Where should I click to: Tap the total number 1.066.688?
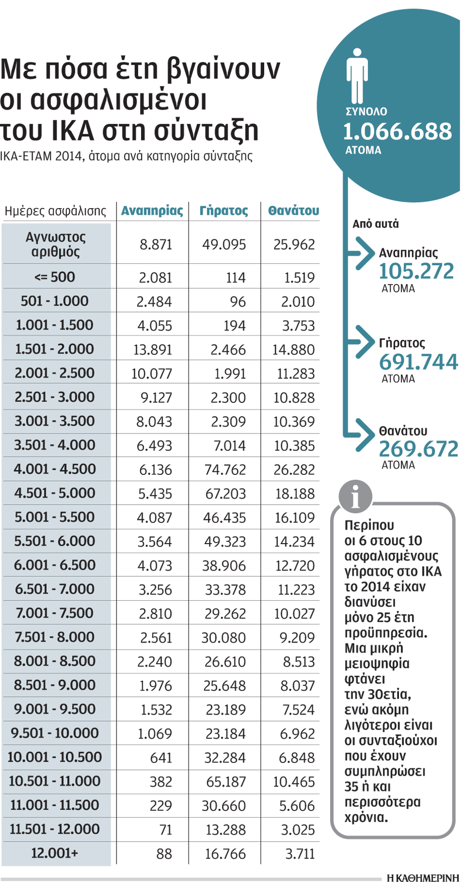(x=397, y=131)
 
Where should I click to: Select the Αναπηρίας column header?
(x=152, y=211)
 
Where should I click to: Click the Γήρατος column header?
(x=224, y=211)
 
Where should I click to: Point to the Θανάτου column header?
(x=294, y=211)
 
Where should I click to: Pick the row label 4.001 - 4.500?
(x=55, y=469)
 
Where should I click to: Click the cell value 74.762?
(x=225, y=470)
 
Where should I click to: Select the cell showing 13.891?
(x=153, y=349)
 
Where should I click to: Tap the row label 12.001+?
(x=54, y=853)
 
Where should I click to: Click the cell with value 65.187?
(x=226, y=782)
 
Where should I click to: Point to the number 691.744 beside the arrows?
(x=418, y=362)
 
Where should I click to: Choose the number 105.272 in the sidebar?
(x=416, y=272)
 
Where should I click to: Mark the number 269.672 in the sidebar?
(x=418, y=449)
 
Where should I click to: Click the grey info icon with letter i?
(x=355, y=496)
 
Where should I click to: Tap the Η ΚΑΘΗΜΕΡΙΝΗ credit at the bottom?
(x=423, y=878)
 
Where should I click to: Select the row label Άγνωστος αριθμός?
(x=55, y=244)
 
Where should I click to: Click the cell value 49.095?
(x=224, y=245)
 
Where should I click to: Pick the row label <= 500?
(x=55, y=277)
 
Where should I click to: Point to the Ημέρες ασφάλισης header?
(x=55, y=211)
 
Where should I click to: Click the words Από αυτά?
(x=375, y=224)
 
